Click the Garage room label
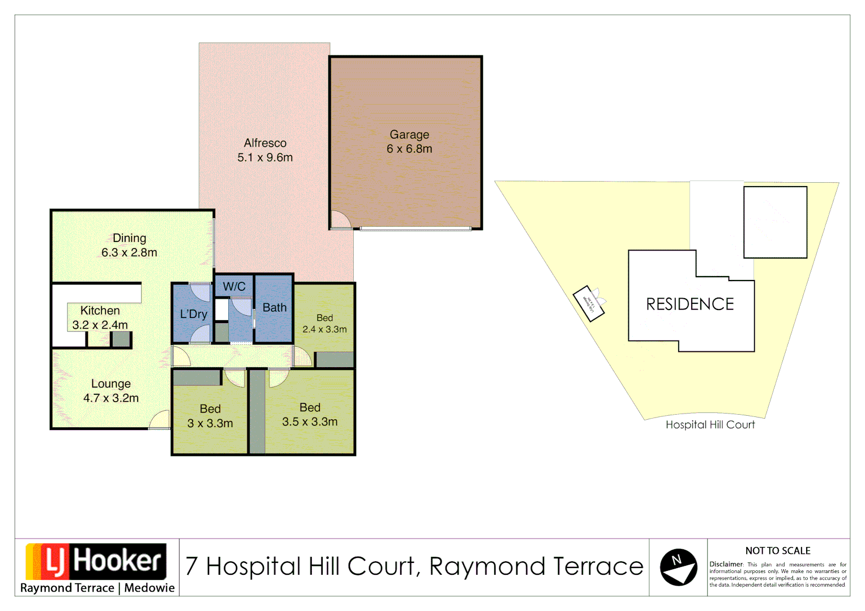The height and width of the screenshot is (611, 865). point(409,135)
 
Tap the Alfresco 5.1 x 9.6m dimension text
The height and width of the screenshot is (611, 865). point(265,158)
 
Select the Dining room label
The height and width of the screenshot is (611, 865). point(129,238)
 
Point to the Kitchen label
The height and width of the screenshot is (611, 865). point(100,311)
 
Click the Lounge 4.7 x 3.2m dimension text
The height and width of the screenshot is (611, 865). point(111,398)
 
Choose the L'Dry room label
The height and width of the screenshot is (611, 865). point(194,314)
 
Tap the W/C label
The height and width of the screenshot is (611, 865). point(234,286)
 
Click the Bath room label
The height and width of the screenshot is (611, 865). point(275,308)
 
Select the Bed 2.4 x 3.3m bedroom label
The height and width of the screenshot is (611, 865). point(324,324)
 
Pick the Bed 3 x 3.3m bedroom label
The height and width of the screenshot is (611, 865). point(210,416)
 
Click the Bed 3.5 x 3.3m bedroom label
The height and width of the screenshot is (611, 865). point(310,415)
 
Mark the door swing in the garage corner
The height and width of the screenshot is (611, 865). point(340,220)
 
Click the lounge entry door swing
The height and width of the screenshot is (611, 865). point(160,419)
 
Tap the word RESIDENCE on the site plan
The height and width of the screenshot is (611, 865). point(690,304)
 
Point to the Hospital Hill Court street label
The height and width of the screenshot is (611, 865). point(710,425)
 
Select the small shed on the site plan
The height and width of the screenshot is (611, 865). point(589,303)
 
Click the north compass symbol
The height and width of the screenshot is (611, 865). point(678,567)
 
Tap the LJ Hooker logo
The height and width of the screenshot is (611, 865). point(96,561)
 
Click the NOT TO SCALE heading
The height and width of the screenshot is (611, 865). point(777,550)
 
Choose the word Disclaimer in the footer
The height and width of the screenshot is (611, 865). point(726,564)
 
